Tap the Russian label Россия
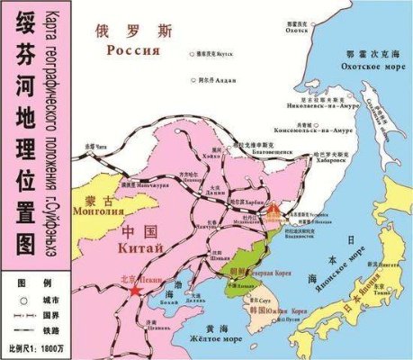132,51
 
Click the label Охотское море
358,65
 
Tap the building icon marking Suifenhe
275,212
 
